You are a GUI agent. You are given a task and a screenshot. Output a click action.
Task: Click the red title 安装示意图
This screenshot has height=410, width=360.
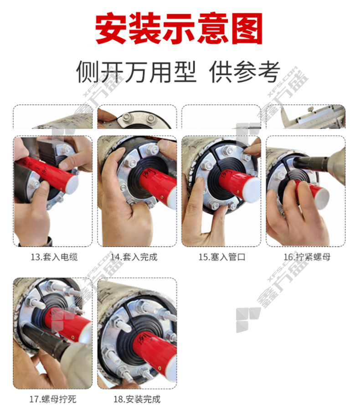coord(179,28)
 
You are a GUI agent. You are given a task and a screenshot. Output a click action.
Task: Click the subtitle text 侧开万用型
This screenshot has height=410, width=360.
coord(136,72)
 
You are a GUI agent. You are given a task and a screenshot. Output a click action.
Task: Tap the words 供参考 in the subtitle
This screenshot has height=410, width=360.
coord(245,72)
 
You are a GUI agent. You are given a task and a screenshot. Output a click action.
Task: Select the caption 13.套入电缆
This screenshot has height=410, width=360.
coord(54,257)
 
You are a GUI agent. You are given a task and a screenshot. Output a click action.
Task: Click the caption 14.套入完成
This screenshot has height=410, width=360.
coord(134,257)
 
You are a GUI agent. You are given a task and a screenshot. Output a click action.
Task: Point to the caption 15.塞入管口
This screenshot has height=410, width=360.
coord(222,257)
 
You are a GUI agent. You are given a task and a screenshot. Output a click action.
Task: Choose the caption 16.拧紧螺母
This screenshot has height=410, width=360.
coord(307,257)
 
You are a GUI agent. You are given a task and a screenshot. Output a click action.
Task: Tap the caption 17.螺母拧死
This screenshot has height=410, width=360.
coord(52,399)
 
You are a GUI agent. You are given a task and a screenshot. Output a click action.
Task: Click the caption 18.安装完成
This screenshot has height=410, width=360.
coord(137,399)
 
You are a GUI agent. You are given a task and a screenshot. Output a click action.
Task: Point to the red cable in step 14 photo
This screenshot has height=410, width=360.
coord(157,183)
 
